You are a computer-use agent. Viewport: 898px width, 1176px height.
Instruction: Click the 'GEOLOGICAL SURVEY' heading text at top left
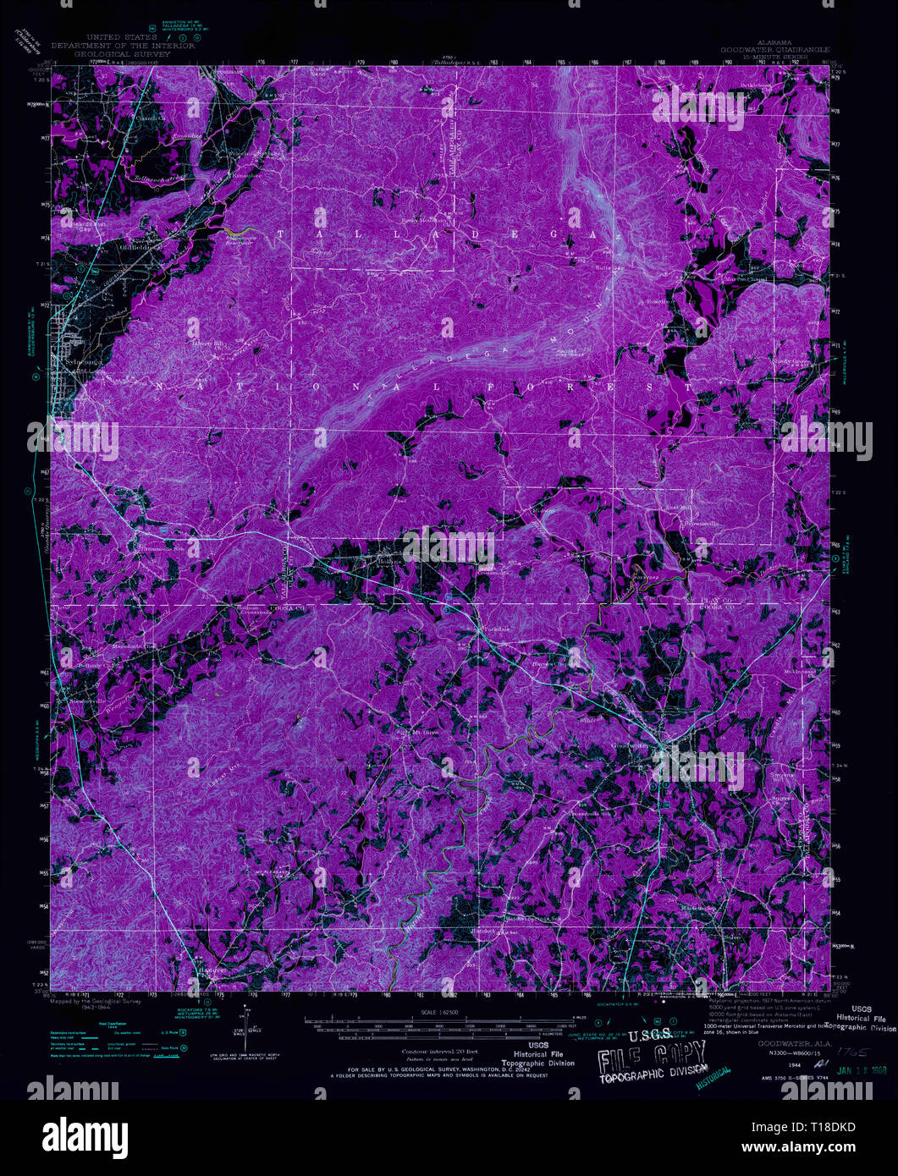click(x=111, y=53)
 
